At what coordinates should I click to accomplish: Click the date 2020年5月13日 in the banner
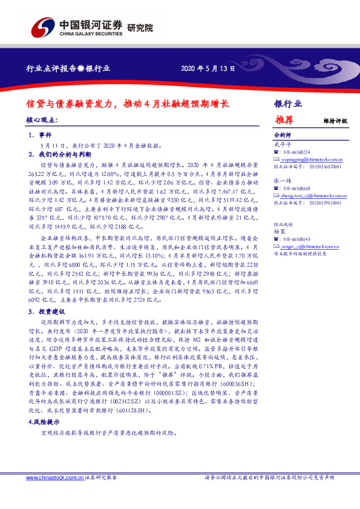208,69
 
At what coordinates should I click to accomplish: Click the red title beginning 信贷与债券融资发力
127,103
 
